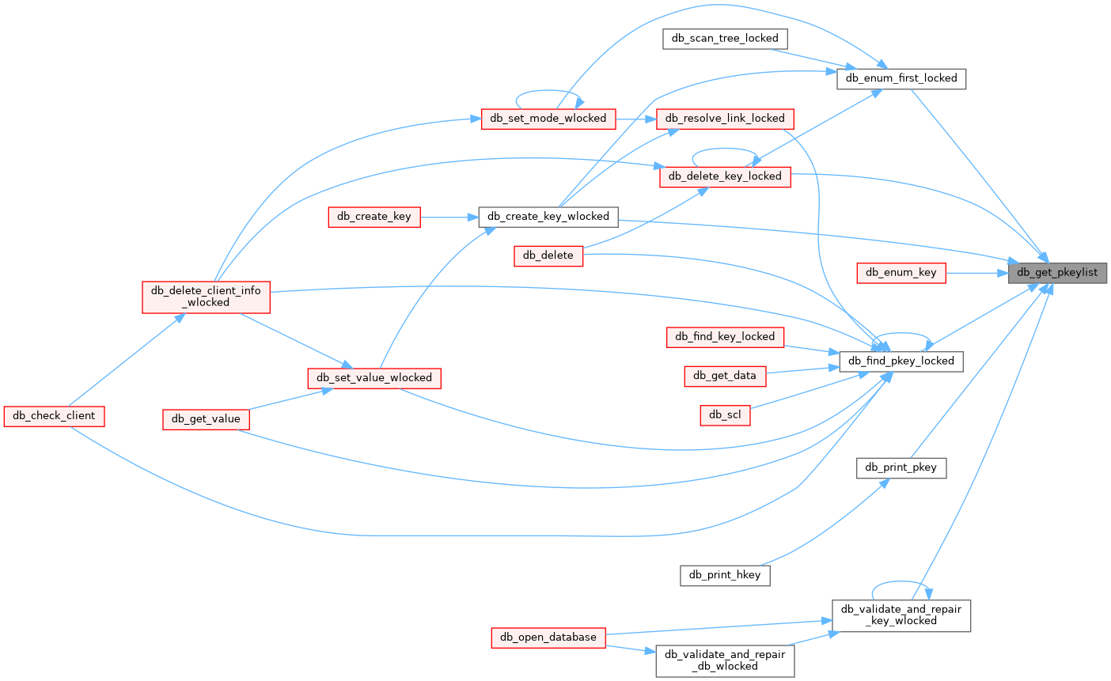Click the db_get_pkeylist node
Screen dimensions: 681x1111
click(1056, 273)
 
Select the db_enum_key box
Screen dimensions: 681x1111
click(901, 273)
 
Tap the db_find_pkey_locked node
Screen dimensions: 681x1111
click(901, 361)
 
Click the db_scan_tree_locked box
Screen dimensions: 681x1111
click(724, 38)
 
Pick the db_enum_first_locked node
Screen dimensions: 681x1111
click(901, 78)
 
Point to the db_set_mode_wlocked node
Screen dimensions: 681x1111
click(548, 119)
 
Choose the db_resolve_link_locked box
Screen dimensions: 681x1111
click(724, 119)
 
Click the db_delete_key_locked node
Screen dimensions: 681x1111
click(724, 176)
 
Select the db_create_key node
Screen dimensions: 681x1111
click(373, 217)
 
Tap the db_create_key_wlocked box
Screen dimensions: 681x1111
click(548, 217)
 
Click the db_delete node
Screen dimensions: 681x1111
click(548, 255)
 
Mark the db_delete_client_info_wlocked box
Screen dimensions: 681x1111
click(206, 297)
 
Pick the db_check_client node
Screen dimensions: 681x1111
click(54, 416)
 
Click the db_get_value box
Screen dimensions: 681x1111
click(206, 419)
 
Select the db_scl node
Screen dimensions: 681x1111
click(724, 414)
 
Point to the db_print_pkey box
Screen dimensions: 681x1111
click(901, 467)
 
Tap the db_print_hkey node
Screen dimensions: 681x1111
click(724, 575)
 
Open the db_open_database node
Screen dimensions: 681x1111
click(548, 637)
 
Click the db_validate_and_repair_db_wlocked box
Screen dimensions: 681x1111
click(724, 660)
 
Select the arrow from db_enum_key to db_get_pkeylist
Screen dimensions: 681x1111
click(976, 273)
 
